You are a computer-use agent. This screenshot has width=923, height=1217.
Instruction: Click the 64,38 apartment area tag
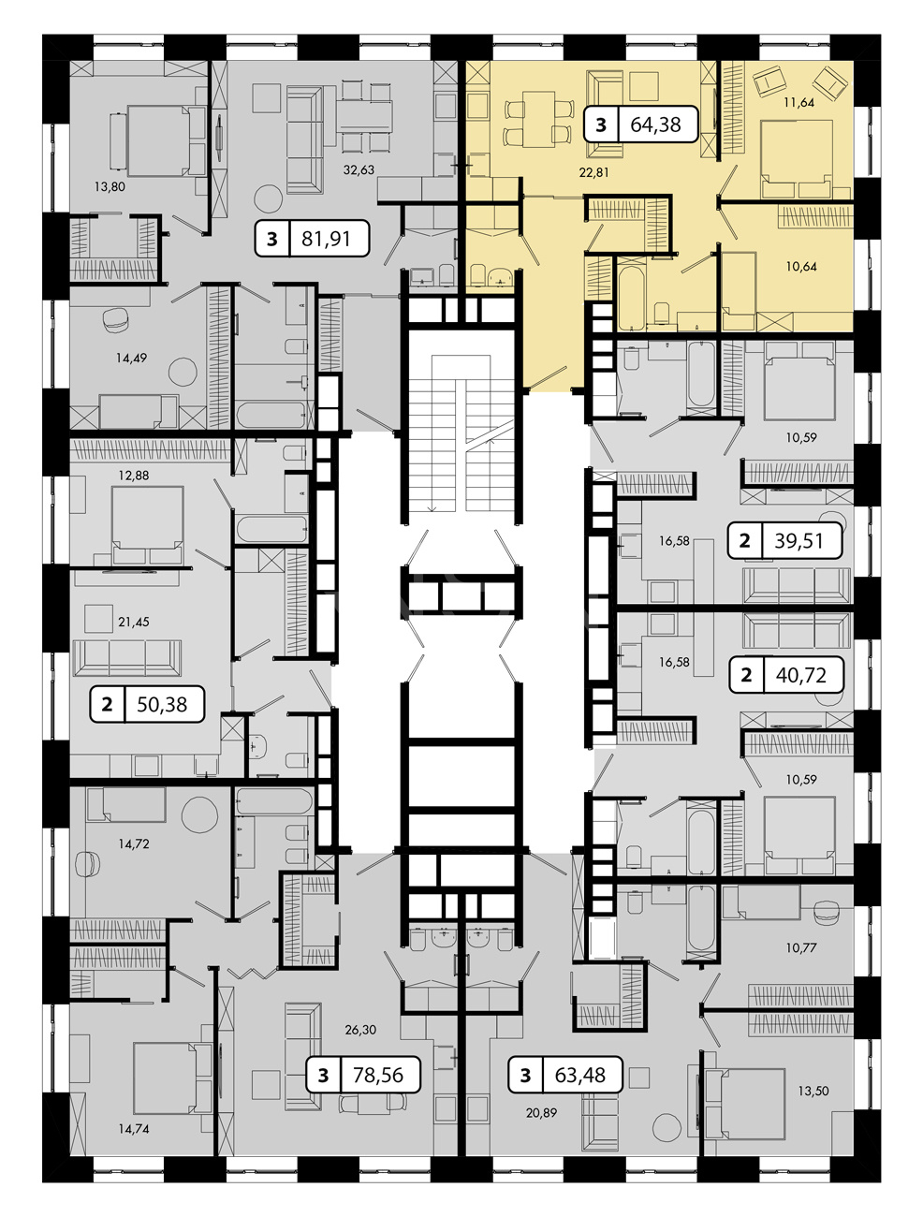click(641, 125)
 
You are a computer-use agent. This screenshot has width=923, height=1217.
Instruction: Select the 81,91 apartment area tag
click(312, 239)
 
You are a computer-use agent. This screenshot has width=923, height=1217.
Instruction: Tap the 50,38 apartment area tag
click(147, 704)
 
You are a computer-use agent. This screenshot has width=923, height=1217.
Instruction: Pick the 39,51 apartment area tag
click(785, 540)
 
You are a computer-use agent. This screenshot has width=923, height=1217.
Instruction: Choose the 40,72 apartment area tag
click(786, 675)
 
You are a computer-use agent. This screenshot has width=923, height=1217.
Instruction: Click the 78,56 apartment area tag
click(363, 1075)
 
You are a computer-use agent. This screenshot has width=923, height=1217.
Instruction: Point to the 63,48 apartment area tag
click(565, 1075)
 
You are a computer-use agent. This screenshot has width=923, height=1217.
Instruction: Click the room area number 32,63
click(359, 169)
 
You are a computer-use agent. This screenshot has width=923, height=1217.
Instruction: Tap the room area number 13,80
click(110, 187)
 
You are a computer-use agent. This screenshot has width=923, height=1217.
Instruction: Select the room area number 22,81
click(593, 172)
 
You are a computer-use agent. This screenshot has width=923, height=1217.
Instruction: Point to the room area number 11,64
click(799, 102)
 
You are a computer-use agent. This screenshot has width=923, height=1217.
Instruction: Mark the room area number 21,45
click(134, 623)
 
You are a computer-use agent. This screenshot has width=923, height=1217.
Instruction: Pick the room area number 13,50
click(813, 1092)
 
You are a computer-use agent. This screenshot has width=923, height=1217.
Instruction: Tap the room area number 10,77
click(801, 947)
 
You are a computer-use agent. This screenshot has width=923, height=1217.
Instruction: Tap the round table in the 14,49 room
click(183, 372)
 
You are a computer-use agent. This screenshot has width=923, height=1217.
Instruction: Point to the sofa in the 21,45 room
click(127, 658)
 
